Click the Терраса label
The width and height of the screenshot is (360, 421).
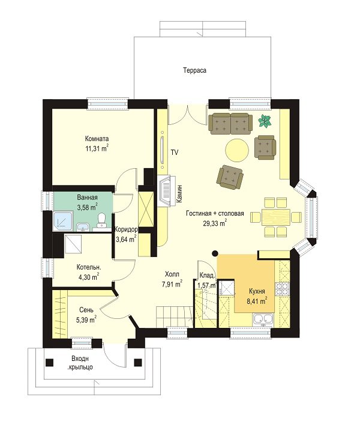tap(195, 70)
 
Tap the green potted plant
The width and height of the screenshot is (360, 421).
tap(265, 121)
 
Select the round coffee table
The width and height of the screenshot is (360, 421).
tap(237, 150)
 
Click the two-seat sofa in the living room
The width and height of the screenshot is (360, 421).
tap(230, 123)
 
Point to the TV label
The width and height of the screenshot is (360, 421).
tap(175, 153)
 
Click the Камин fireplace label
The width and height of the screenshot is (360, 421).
tap(179, 193)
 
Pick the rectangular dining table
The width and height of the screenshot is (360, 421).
tap(276, 217)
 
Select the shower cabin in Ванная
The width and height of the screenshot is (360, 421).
tap(63, 221)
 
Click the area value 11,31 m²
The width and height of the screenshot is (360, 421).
tap(97, 148)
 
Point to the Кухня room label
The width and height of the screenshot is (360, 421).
tap(257, 291)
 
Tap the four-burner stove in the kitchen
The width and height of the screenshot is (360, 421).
tap(282, 289)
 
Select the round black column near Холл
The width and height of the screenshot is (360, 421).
tap(215, 253)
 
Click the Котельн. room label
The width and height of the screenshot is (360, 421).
tap(89, 267)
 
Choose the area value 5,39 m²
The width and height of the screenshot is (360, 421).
tap(86, 320)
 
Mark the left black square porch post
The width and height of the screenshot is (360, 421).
tap(49, 363)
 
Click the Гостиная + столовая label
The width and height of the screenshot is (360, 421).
tap(215, 213)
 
